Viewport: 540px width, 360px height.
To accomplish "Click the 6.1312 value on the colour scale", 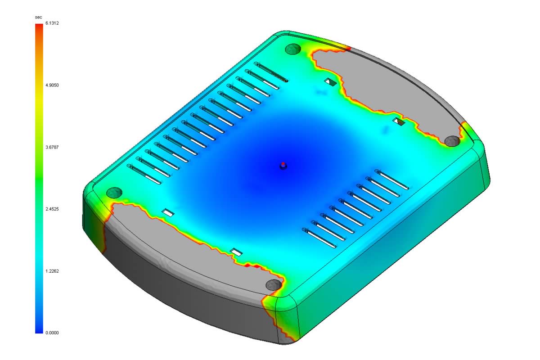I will coord(53,23).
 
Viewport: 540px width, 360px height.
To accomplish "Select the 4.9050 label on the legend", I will coord(53,85).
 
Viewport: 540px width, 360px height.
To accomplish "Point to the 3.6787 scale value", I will coord(53,147).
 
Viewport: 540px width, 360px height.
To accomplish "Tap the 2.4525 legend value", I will coord(53,209).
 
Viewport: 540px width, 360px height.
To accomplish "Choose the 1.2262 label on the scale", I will coord(53,271).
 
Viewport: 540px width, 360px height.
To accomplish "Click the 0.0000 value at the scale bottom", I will coord(53,333).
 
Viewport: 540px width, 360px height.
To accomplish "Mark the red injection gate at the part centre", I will coord(283,164).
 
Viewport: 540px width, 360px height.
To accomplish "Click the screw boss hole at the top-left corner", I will coord(293,49).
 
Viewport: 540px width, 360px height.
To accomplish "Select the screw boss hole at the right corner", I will coord(452,141).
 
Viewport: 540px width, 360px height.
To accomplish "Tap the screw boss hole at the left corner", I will coord(114,193).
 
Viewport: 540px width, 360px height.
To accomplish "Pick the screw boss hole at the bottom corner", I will coord(273,284).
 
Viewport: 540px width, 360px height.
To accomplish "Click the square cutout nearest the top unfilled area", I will coord(331,82).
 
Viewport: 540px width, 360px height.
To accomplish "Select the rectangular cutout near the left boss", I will coord(168,212).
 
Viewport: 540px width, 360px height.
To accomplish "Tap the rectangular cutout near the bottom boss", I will coord(236,252).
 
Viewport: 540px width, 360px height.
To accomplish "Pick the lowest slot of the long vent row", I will coord(144,174).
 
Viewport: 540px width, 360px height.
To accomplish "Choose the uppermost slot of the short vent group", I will coord(392,179).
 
